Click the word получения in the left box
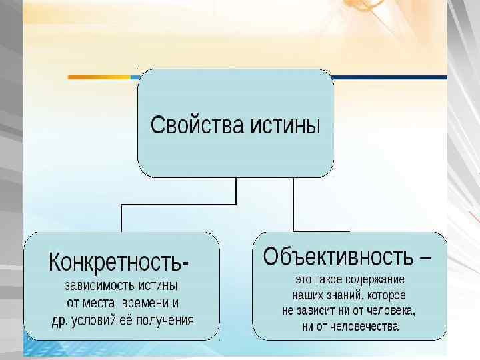pos(166,320)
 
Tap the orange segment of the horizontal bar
pos(100,77)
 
